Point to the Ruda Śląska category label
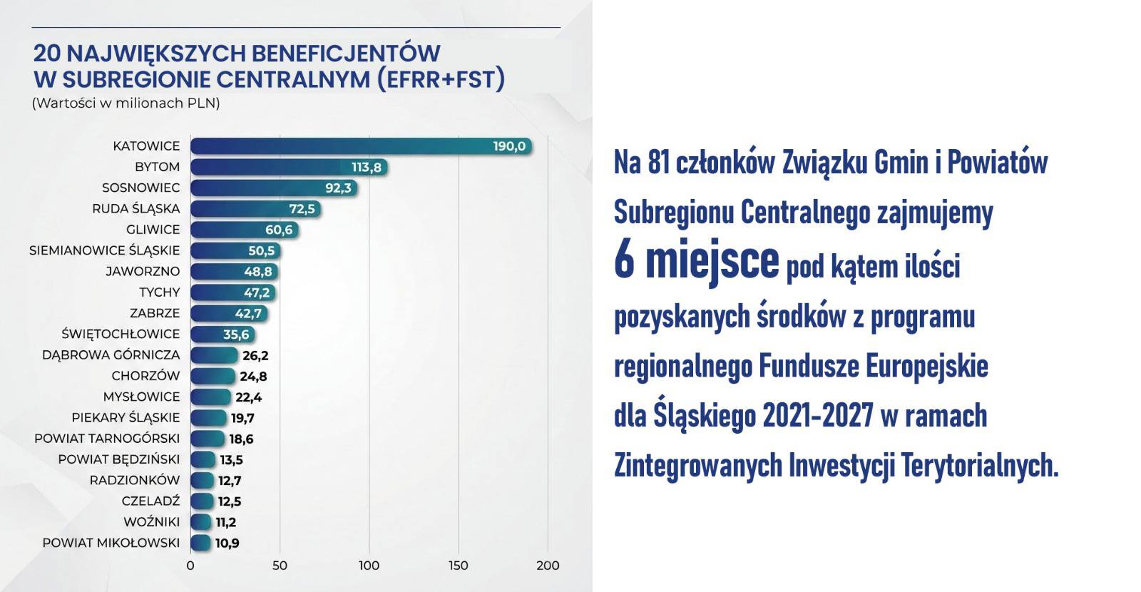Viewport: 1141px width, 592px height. [136, 209]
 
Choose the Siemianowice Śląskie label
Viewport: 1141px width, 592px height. [105, 250]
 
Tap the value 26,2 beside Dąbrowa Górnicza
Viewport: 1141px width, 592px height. [255, 355]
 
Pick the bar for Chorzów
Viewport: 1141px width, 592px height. [213, 376]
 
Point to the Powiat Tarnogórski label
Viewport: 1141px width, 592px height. [107, 439]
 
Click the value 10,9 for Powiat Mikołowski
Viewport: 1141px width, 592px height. [227, 543]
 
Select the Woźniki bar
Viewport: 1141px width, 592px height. [201, 522]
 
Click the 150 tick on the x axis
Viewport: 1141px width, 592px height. [459, 566]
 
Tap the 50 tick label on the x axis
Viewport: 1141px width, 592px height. [280, 566]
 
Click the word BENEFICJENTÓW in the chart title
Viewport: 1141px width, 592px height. [347, 53]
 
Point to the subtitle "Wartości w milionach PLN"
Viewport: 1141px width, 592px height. [126, 103]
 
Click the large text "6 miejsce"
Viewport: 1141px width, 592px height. [696, 262]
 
